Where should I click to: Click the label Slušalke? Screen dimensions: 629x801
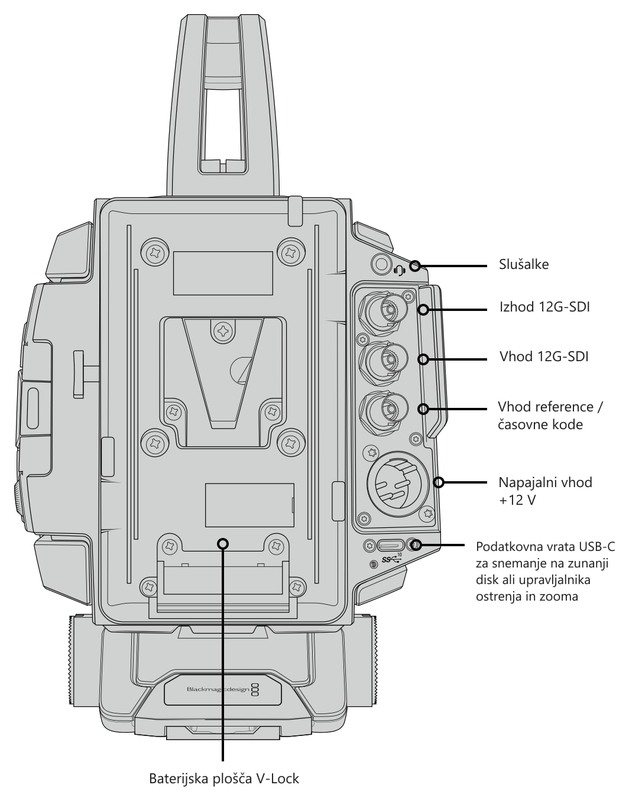pos(524,264)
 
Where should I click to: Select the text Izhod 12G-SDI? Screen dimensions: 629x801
pos(544,307)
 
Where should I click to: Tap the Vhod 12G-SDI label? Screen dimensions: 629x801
pos(544,356)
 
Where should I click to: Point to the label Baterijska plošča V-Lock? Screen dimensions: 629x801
pos(223,779)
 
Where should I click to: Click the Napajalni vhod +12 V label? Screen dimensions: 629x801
pos(546,491)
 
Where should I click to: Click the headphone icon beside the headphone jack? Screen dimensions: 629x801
pos(400,271)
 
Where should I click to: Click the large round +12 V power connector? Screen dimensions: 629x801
pos(398,484)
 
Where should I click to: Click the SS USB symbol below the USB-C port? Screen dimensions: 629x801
pos(391,560)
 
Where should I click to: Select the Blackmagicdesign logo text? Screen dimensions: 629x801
pos(218,689)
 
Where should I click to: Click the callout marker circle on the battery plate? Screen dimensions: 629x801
pos(223,544)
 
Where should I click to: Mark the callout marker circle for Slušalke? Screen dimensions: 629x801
pos(415,265)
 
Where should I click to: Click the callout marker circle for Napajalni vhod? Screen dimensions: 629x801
pos(439,482)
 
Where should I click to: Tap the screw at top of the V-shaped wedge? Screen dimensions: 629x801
pos(223,329)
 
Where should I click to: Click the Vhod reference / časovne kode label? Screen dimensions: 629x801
pos(550,416)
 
